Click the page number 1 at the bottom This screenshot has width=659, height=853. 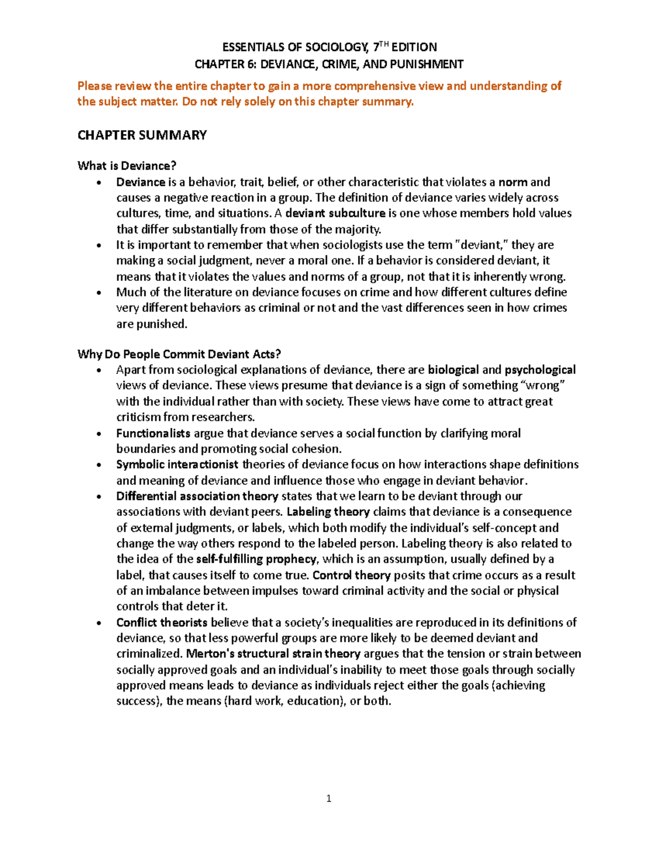click(328, 799)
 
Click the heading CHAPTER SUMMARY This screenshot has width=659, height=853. click(142, 135)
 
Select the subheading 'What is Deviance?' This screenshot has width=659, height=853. click(127, 166)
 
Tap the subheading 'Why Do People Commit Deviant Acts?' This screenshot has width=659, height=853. click(179, 354)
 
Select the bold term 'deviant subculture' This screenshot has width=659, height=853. click(336, 213)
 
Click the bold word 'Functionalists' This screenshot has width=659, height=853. click(153, 433)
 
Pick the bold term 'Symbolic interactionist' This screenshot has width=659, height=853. click(177, 465)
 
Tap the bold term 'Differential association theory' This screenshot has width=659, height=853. click(197, 497)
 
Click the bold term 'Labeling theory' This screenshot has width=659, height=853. click(328, 512)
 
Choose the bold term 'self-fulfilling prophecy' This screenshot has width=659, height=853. click(256, 559)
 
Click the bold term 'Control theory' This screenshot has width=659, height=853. click(351, 575)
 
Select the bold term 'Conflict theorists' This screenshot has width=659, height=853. click(161, 622)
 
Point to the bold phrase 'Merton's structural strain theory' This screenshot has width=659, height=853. click(273, 654)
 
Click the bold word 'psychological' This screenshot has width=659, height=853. click(540, 370)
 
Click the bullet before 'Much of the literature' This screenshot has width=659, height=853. click(99, 293)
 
